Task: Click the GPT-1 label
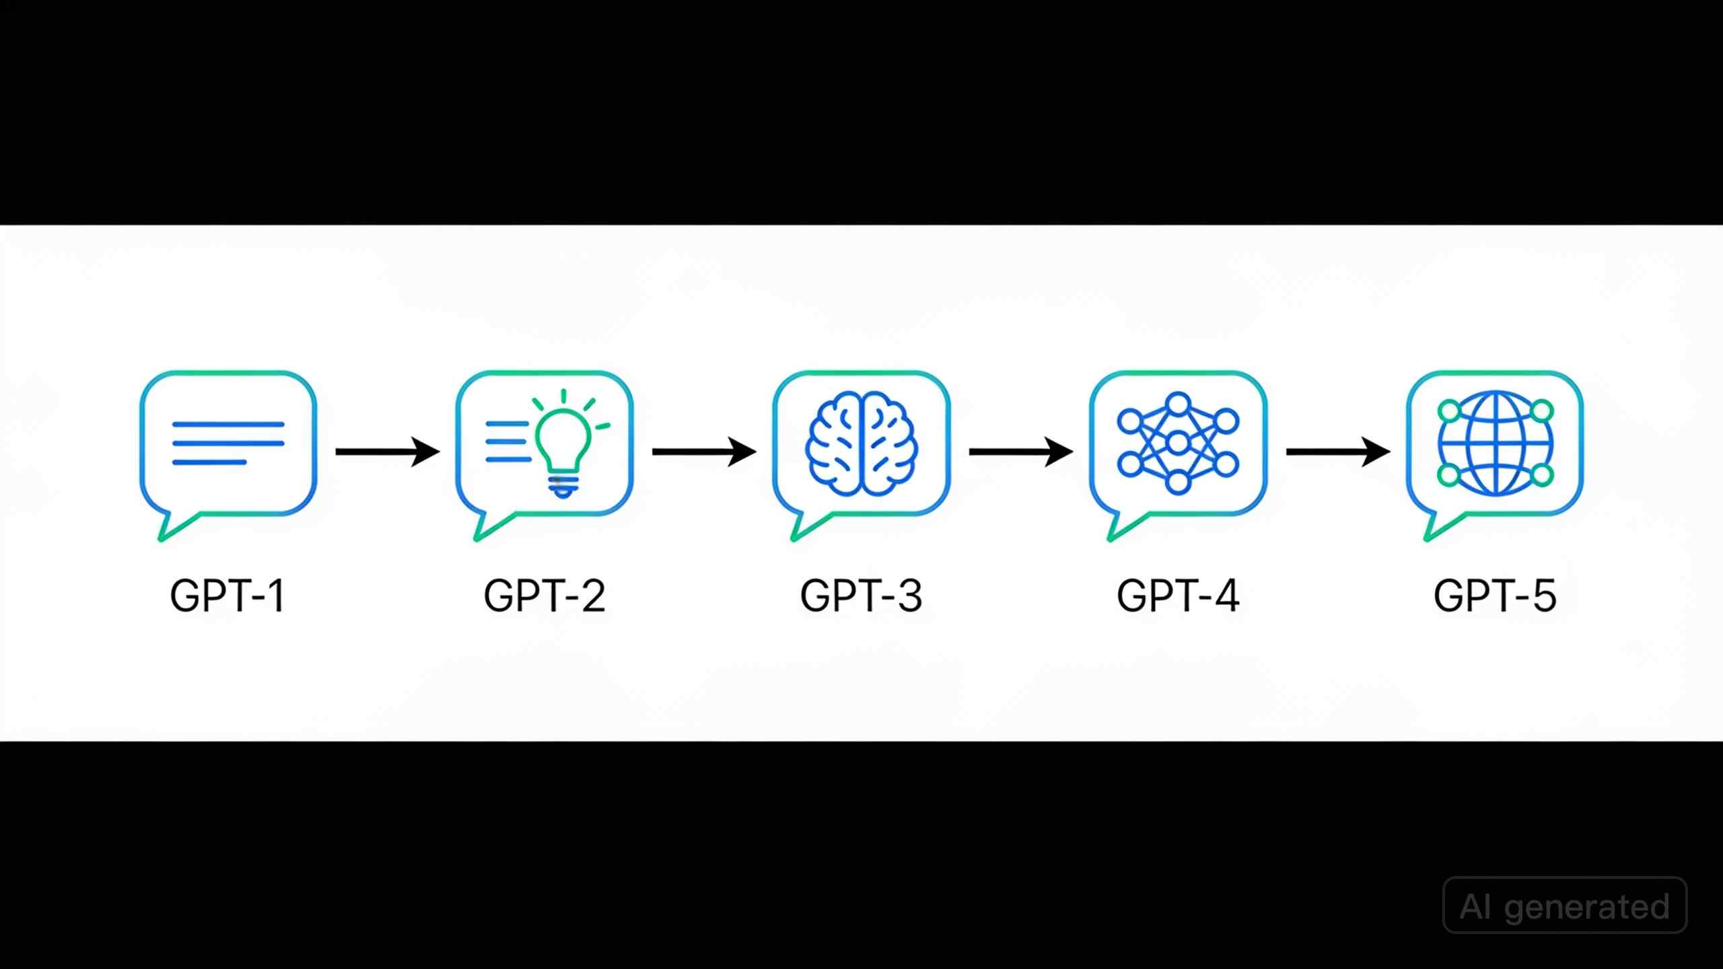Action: tap(227, 596)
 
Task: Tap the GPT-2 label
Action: tap(544, 596)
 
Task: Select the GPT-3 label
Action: tap(861, 596)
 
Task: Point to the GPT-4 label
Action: tap(1178, 596)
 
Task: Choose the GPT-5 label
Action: tap(1495, 596)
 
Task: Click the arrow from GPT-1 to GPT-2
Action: tap(388, 452)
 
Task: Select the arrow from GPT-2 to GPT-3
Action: tap(704, 452)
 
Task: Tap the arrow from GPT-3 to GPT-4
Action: tap(1021, 452)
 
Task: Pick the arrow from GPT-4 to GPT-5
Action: tap(1338, 452)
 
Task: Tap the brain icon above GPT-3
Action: tap(861, 444)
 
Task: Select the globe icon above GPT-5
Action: tap(1495, 444)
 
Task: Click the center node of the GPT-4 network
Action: tap(1178, 443)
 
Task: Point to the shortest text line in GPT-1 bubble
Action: tap(209, 462)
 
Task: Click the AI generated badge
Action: tap(1565, 906)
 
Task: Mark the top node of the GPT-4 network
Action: tap(1178, 404)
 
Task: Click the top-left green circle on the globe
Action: tap(1448, 410)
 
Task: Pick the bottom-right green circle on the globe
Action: tap(1542, 475)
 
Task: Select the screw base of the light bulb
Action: tap(564, 486)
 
